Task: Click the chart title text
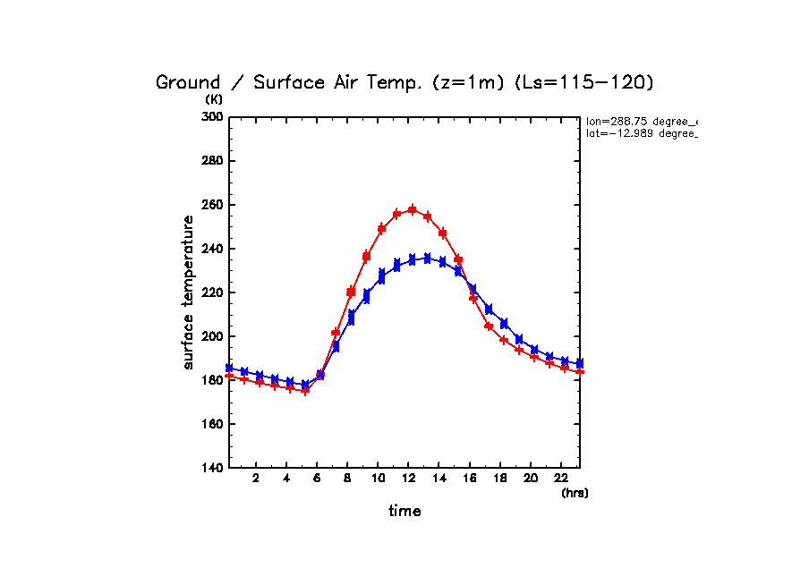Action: (x=404, y=83)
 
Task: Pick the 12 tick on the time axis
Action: (x=408, y=479)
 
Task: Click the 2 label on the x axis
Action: (x=256, y=479)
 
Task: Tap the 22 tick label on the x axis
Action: (x=560, y=479)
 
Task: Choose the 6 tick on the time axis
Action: (x=317, y=479)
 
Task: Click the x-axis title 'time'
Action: (x=404, y=512)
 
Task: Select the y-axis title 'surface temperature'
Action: (x=189, y=292)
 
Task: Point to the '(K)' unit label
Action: (x=215, y=99)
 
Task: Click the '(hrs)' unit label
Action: (x=575, y=493)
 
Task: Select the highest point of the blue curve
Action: (x=427, y=258)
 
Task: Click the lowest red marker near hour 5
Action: (x=305, y=391)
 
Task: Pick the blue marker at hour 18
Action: (x=504, y=323)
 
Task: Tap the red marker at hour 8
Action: (x=351, y=292)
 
